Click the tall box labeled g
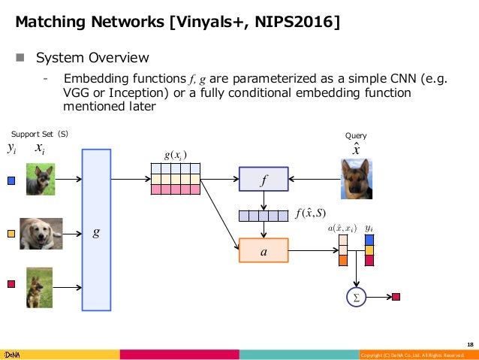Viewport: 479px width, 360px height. [x=96, y=230]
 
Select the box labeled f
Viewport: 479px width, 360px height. [x=263, y=180]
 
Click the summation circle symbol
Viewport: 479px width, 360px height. [x=356, y=297]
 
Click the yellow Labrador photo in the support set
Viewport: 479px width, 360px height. [x=41, y=233]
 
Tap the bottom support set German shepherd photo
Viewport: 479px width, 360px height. [x=40, y=286]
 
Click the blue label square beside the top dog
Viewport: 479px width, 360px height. [x=11, y=180]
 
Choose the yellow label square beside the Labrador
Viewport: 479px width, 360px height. [x=11, y=234]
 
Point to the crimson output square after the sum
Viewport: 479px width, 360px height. [x=396, y=297]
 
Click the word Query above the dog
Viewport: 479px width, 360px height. [x=355, y=136]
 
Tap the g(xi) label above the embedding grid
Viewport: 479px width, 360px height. [x=175, y=156]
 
